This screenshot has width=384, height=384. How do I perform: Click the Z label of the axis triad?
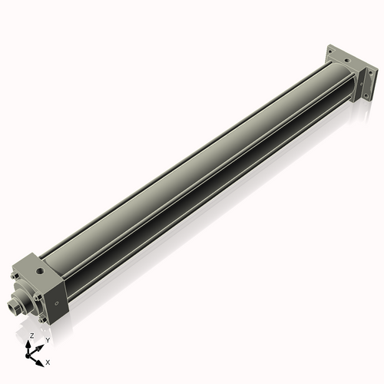point(31,336)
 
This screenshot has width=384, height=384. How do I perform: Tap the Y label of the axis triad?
point(47,339)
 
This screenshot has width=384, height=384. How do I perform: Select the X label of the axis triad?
point(48,361)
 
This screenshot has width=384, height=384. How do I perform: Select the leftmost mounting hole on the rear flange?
point(329,51)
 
